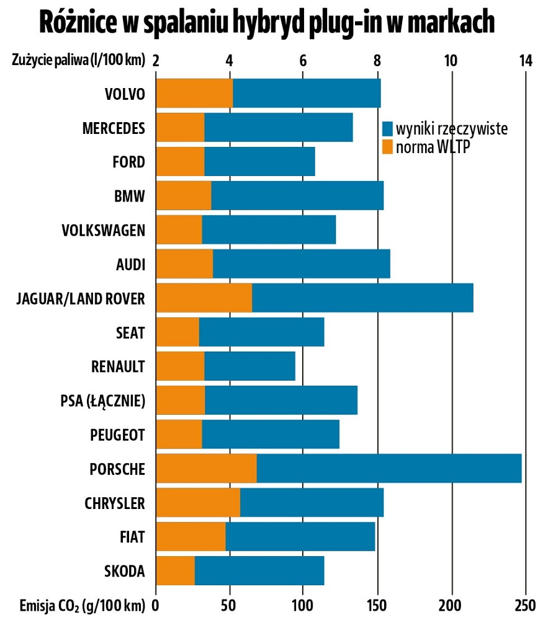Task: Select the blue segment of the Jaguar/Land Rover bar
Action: pos(362,298)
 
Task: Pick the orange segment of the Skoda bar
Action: pos(175,570)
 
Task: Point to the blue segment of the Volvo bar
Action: pos(307,94)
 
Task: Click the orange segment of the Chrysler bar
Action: pos(197,502)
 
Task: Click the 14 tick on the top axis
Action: pos(526,61)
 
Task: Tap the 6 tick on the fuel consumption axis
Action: pos(303,61)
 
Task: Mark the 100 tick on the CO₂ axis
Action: pos(303,604)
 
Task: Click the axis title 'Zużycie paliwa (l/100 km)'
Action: pos(78,61)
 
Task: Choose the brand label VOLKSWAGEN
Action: pos(104,230)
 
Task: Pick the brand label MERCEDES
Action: pos(114,128)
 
